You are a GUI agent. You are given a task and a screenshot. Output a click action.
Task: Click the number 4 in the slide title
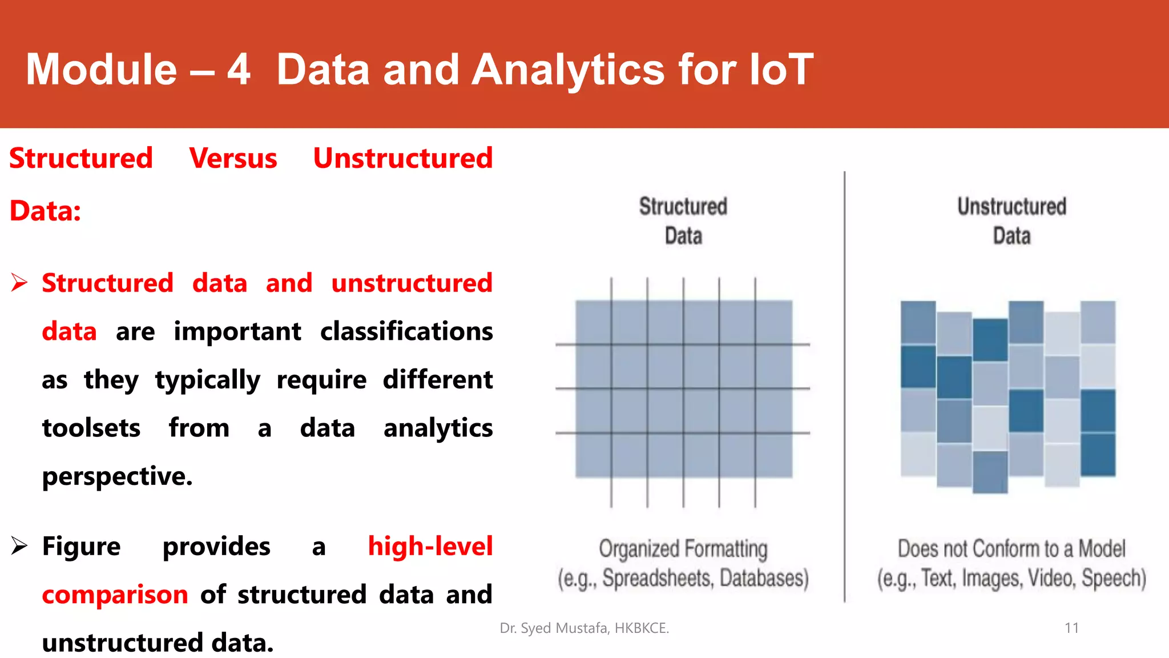(x=239, y=70)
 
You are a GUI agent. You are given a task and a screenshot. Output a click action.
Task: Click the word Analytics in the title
(x=569, y=70)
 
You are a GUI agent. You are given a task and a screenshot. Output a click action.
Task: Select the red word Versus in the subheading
(x=233, y=158)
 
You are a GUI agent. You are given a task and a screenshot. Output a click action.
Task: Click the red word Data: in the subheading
(x=45, y=211)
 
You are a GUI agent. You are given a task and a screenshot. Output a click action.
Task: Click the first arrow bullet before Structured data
(x=19, y=283)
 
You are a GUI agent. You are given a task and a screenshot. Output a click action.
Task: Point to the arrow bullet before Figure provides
(x=19, y=546)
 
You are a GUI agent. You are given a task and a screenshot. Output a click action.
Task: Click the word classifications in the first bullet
(x=406, y=331)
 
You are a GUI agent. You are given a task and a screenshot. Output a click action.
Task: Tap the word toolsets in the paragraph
(x=91, y=428)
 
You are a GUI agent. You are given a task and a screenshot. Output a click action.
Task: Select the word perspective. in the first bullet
(x=117, y=476)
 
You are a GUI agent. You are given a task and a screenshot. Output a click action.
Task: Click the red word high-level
(x=430, y=546)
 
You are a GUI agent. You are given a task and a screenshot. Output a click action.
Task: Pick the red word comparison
(x=115, y=595)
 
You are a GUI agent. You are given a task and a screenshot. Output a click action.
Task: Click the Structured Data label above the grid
(x=683, y=221)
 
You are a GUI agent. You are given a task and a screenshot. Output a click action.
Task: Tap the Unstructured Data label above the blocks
(x=1011, y=221)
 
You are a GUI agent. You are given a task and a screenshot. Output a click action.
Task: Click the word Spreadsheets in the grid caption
(x=658, y=578)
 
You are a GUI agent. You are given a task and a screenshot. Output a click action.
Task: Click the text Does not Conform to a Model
(x=1011, y=548)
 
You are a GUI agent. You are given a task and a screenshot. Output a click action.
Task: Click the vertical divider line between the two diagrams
(x=844, y=388)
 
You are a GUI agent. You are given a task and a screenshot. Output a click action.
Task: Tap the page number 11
(x=1071, y=628)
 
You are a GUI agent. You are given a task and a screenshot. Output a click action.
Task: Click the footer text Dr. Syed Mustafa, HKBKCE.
(x=584, y=628)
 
